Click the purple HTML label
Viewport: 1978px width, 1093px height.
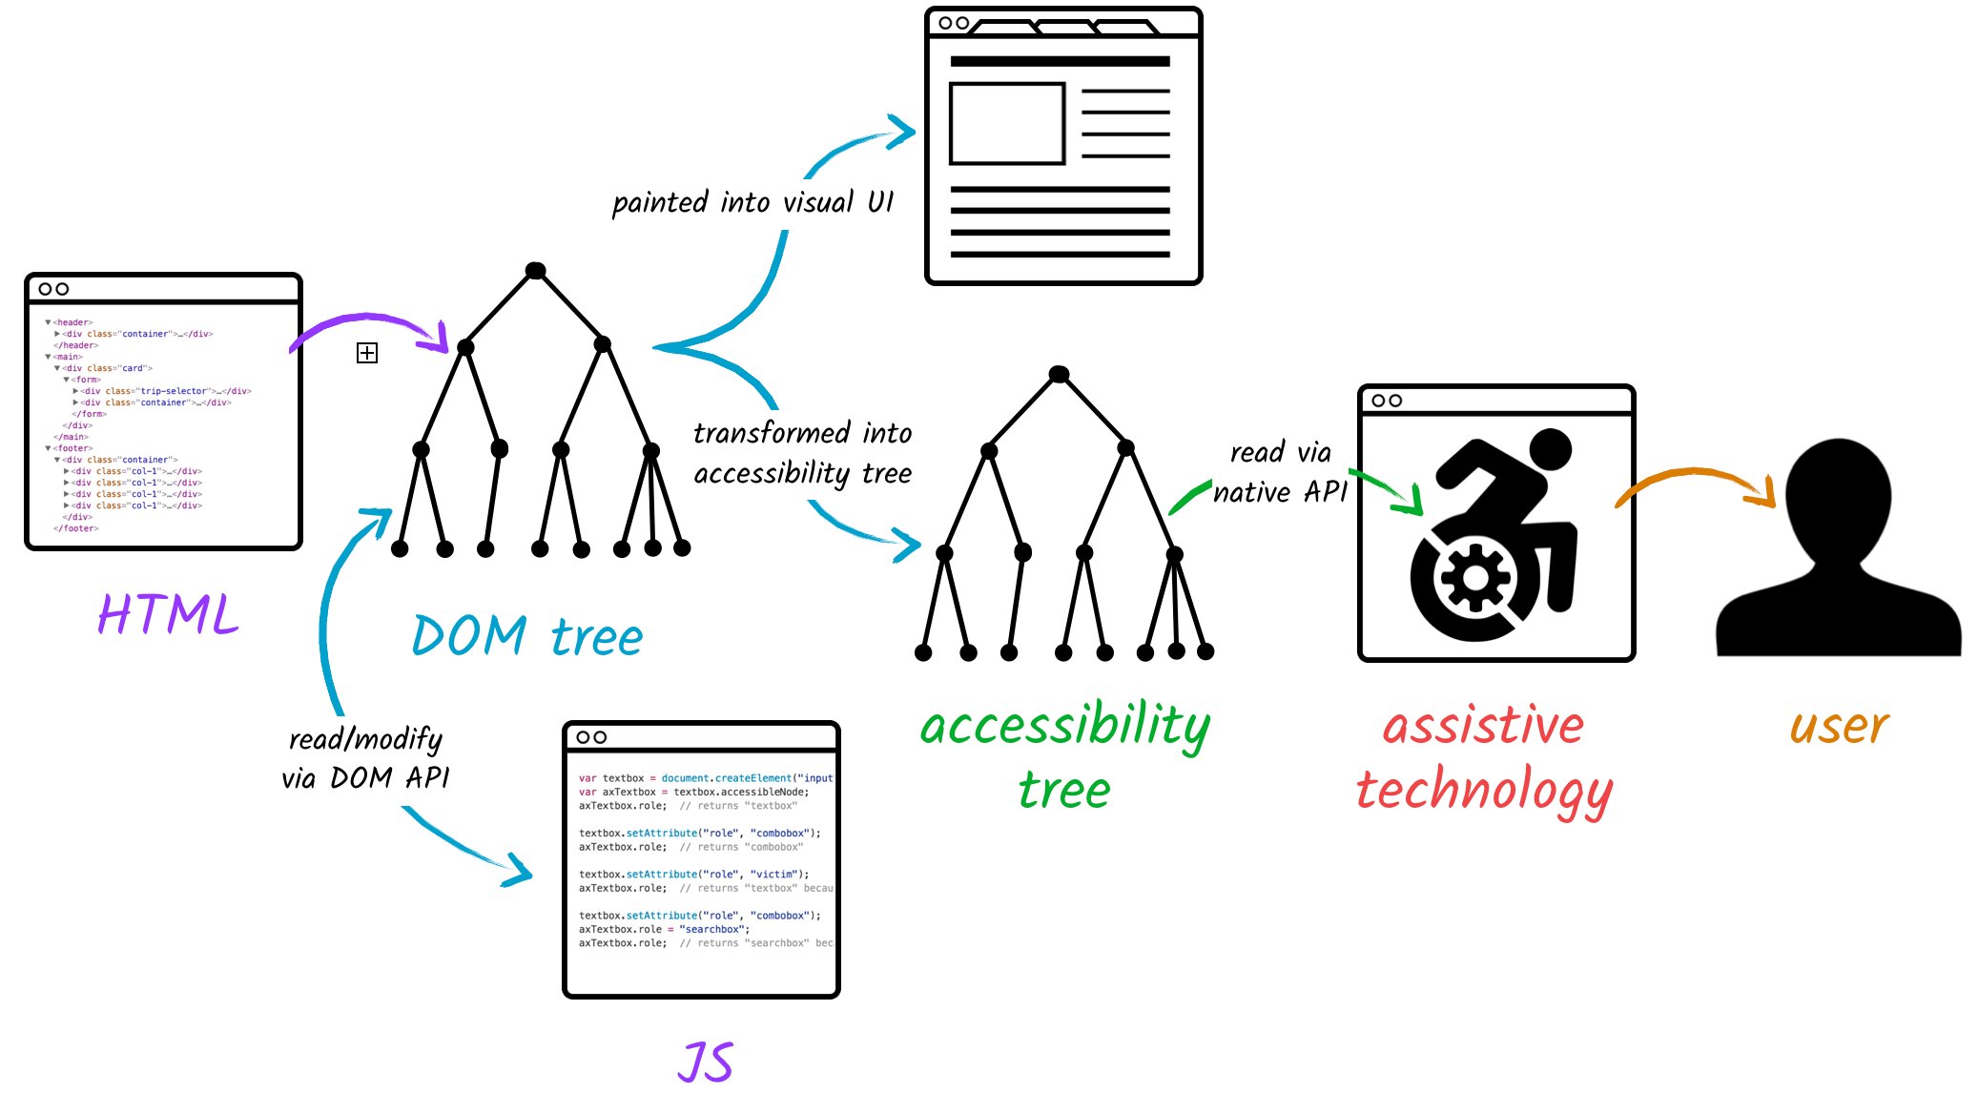point(168,614)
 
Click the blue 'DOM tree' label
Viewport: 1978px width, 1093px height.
point(527,636)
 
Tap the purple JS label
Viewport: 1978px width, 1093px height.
point(706,1062)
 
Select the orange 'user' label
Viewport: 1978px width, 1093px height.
point(1839,727)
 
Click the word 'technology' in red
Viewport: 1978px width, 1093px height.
point(1484,792)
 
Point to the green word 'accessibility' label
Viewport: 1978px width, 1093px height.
point(1064,727)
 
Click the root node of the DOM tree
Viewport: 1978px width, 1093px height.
point(536,271)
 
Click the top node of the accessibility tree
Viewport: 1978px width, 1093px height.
point(1059,374)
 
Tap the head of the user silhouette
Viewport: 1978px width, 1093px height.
point(1838,496)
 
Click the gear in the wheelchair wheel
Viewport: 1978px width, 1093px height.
point(1475,578)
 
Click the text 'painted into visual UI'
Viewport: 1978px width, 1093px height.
point(752,203)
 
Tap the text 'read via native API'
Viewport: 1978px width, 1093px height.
point(1280,473)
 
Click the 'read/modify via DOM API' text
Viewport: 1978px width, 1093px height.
point(365,758)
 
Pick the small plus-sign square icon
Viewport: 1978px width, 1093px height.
point(367,353)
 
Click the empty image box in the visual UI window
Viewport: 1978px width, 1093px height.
point(1006,124)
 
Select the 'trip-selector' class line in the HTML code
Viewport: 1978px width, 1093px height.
point(164,391)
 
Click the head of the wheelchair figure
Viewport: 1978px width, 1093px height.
point(1550,449)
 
